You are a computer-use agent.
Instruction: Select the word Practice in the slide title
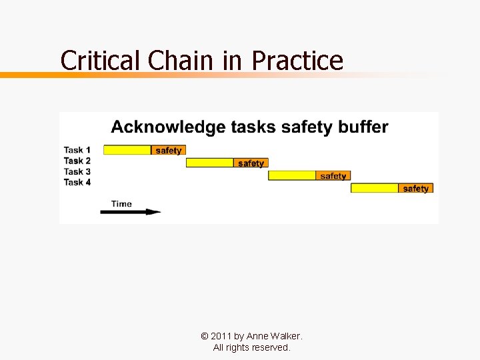click(297, 61)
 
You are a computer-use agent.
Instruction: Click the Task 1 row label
click(77, 150)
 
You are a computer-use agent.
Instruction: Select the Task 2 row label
click(77, 161)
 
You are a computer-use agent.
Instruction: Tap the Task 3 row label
click(77, 171)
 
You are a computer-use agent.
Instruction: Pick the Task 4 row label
click(77, 182)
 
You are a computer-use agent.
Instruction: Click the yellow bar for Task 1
click(127, 150)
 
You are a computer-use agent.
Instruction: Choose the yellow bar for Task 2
click(209, 163)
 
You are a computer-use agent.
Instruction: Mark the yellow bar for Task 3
click(292, 175)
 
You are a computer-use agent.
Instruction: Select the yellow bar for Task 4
click(375, 188)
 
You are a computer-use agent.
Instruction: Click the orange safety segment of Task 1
click(168, 150)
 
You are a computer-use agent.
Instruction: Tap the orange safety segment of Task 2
click(251, 163)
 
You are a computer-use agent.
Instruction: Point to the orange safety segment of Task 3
click(333, 175)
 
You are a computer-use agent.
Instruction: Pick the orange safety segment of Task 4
click(415, 188)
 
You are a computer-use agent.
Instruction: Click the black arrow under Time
click(130, 212)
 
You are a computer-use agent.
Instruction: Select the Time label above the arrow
click(121, 203)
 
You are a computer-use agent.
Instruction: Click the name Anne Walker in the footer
click(274, 336)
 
